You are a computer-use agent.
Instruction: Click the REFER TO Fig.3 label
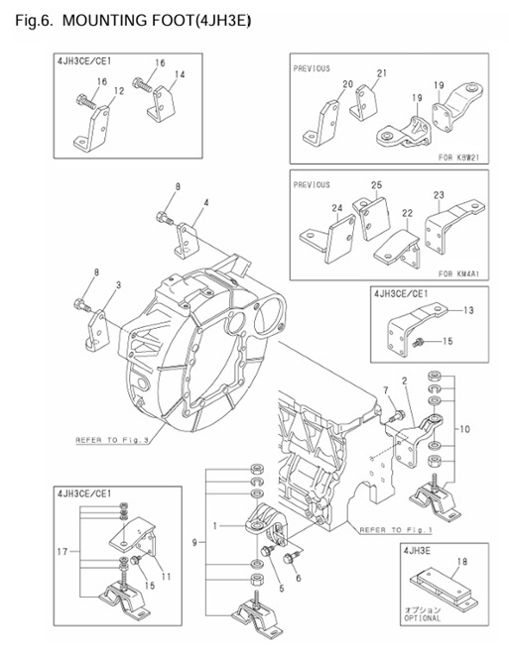point(110,439)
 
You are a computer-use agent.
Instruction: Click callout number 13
point(469,310)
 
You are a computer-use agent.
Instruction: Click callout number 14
point(180,75)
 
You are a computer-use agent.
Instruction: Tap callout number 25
point(376,185)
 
